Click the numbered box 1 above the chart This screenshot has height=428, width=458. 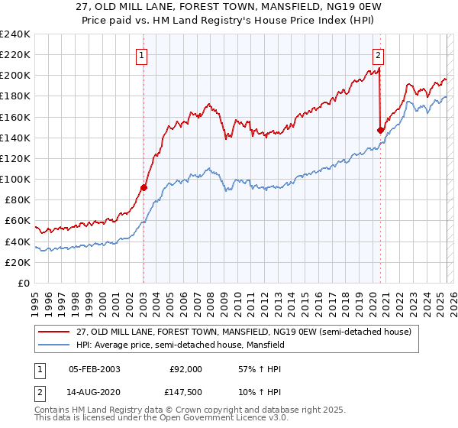pos(143,54)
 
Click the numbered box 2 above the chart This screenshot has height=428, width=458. pos(379,54)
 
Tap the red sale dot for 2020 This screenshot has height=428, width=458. pos(380,130)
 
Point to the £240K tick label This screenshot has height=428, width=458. pos(15,34)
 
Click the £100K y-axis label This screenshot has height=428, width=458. pos(15,179)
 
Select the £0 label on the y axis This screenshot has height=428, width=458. pos(24,283)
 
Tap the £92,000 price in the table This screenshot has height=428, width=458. pos(185,369)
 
